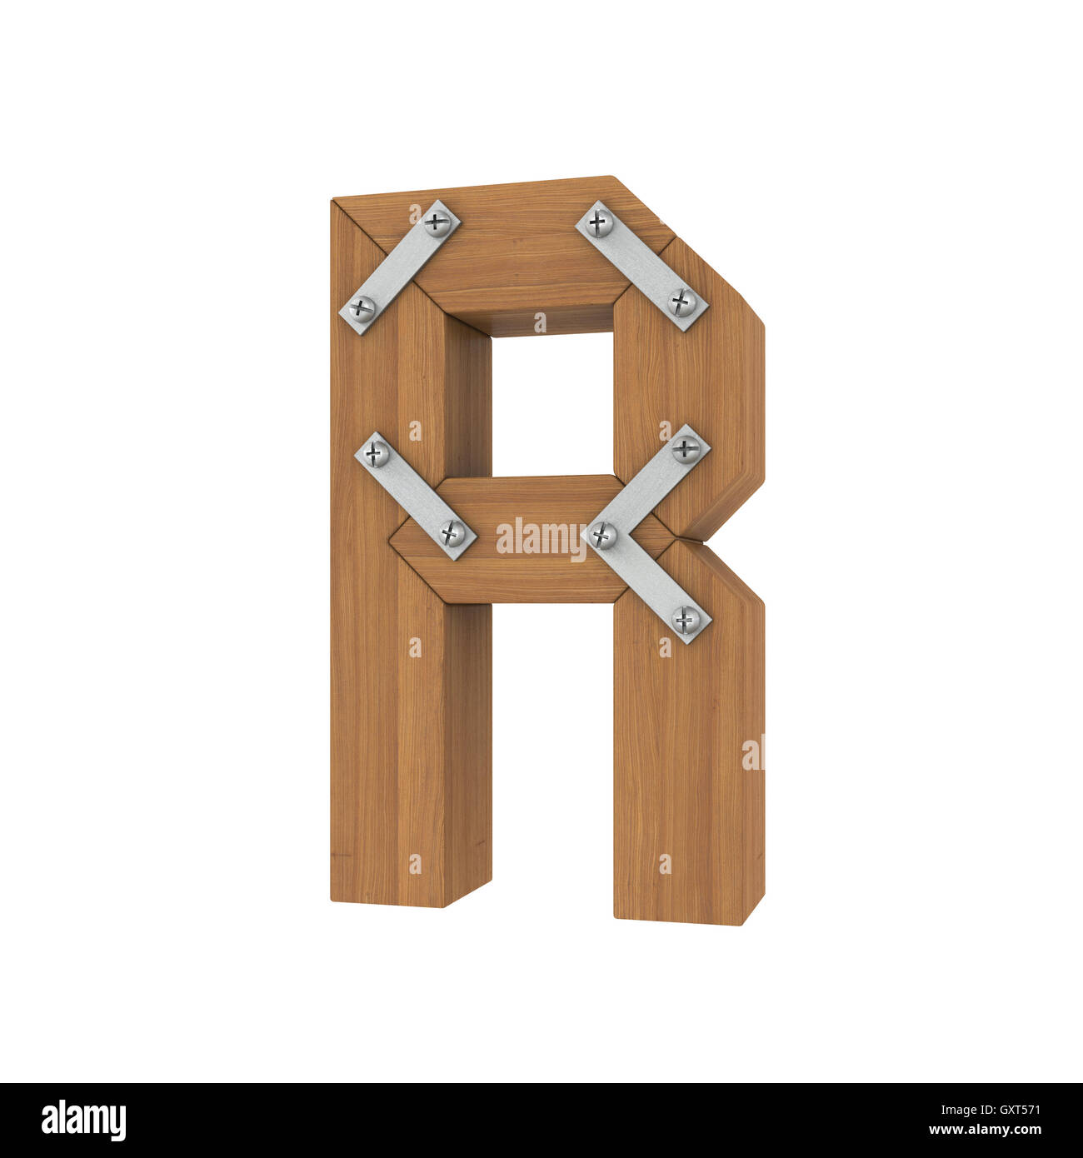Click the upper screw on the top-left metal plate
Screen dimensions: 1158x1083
[437, 222]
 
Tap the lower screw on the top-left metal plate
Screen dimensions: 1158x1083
[362, 308]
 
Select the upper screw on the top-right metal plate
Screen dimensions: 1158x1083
[599, 222]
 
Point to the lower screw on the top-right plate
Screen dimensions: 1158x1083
[682, 302]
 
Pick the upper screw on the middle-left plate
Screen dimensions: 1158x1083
[377, 454]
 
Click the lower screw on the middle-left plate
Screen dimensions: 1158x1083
[452, 532]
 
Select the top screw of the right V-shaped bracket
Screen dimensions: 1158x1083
[686, 449]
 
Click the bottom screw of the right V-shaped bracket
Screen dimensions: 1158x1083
[686, 619]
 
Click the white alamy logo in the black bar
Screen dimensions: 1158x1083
[84, 1121]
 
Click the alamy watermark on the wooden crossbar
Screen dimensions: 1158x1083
[541, 538]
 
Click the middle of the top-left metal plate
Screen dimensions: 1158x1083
[400, 267]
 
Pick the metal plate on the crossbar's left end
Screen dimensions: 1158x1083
[415, 494]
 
